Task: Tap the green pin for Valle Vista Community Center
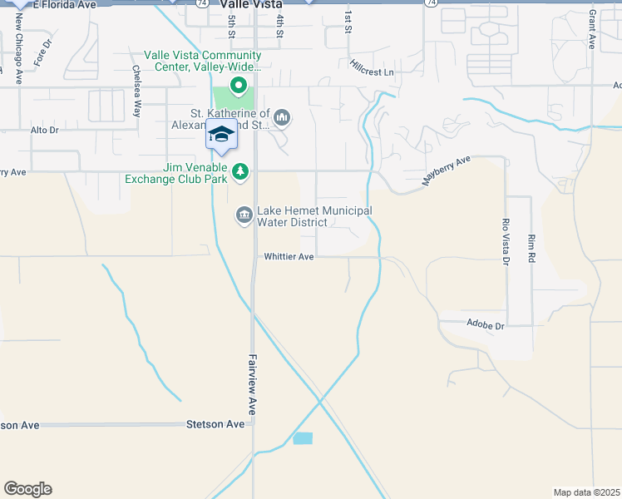pos(239,84)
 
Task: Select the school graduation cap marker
pos(221,135)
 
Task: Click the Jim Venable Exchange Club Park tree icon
pos(240,171)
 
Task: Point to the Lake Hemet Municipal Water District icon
pos(244,215)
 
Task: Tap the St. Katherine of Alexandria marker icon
pos(282,117)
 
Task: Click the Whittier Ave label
pos(289,257)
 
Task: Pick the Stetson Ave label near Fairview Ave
pos(215,424)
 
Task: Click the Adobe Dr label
pos(486,325)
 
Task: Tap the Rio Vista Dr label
pos(504,242)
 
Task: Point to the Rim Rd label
pos(531,249)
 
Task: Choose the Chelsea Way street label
pos(136,85)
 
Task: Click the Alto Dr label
pos(44,131)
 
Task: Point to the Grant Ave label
pos(591,30)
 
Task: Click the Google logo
pos(27,489)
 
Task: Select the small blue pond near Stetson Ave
pos(303,438)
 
